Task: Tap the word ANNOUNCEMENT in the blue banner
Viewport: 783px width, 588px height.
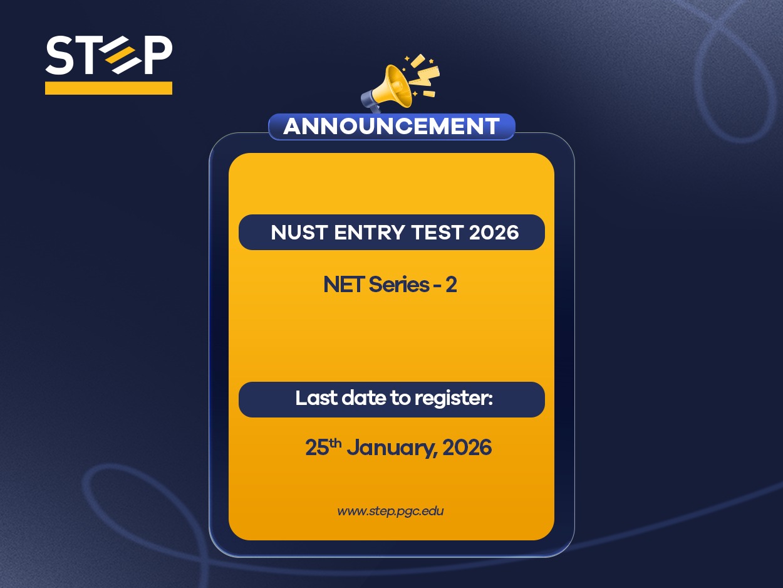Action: pyautogui.click(x=391, y=127)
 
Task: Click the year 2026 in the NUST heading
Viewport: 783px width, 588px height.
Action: pyautogui.click(x=494, y=233)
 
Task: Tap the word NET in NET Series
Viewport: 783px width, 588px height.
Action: pyautogui.click(x=343, y=285)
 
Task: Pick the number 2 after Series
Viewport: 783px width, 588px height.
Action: pyautogui.click(x=450, y=285)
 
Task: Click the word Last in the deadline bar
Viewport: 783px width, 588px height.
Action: pyautogui.click(x=314, y=399)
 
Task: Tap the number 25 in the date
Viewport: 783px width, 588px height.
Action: pyautogui.click(x=317, y=448)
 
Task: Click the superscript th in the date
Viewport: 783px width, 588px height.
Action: pyautogui.click(x=336, y=443)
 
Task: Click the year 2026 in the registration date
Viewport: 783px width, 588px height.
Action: pyautogui.click(x=467, y=448)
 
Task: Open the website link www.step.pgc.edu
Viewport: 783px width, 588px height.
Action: pyautogui.click(x=390, y=511)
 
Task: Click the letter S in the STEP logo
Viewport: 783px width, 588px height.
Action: pyautogui.click(x=60, y=55)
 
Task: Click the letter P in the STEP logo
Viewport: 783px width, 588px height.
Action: pyautogui.click(x=157, y=55)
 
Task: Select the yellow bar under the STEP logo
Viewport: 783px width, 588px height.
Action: pyautogui.click(x=108, y=88)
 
